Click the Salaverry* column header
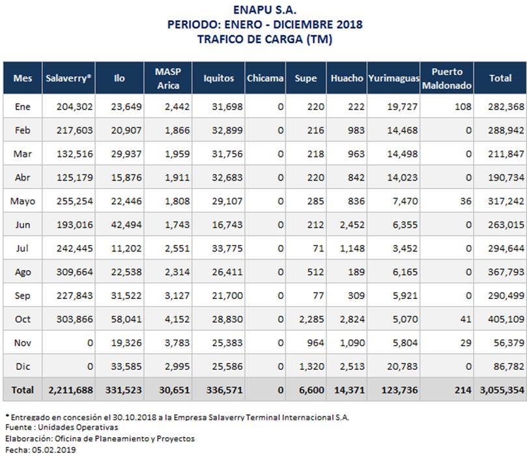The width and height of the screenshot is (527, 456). pos(68,78)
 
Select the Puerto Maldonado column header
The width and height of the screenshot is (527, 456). pos(447,78)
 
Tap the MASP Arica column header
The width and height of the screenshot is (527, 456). pos(168,78)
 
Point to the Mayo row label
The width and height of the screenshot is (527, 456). pos(23,201)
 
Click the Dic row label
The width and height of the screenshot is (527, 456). pos(23,366)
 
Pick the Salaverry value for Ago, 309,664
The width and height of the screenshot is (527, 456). pos(75,272)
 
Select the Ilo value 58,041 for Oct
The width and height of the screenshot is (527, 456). pos(126,319)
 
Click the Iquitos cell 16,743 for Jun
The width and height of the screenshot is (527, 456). pos(227,225)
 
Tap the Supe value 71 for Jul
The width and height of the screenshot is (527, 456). pos(319,248)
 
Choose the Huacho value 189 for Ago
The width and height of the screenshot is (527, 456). pos(356,272)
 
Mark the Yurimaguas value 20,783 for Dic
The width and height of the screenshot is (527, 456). pos(403,366)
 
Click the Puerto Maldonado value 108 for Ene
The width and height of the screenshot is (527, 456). pos(463,107)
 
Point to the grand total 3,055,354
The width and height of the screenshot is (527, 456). pos(502,390)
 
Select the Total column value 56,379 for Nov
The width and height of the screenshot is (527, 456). pos(509,343)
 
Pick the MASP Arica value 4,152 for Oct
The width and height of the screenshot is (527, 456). pos(177,319)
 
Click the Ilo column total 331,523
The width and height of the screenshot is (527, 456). pos(124,390)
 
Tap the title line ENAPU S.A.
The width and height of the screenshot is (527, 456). pos(265,10)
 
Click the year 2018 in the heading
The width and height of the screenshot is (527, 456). pos(350,24)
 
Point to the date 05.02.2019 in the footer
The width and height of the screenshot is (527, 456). pos(54,449)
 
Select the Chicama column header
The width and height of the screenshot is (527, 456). pos(265,78)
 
